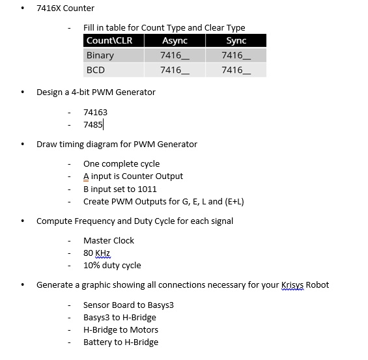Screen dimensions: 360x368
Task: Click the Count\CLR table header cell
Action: point(109,41)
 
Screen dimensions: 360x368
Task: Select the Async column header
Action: point(174,41)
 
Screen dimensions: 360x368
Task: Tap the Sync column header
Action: point(236,41)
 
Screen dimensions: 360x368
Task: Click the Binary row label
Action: point(100,55)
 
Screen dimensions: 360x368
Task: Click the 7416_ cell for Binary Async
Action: point(175,55)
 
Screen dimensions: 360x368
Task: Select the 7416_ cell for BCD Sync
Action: point(236,70)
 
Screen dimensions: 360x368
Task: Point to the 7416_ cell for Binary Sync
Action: point(236,55)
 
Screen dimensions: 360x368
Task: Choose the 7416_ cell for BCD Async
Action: point(175,70)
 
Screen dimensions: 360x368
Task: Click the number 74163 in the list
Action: point(95,112)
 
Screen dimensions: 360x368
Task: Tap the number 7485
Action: point(92,124)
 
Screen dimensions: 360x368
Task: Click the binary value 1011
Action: point(147,189)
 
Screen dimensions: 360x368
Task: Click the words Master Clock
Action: point(109,240)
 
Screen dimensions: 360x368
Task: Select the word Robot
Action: point(318,284)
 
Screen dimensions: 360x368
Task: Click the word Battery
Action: point(98,342)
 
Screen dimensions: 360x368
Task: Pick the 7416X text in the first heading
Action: point(49,8)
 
